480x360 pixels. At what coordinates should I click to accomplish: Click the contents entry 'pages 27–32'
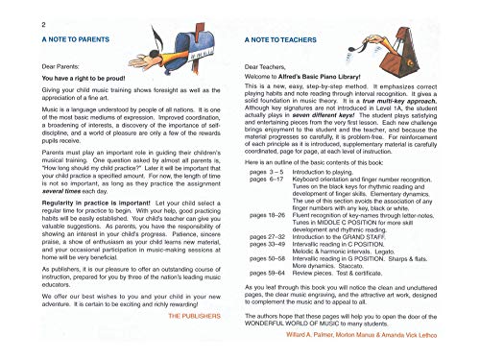(268, 248)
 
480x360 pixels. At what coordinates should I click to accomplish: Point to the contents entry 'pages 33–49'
(268, 256)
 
